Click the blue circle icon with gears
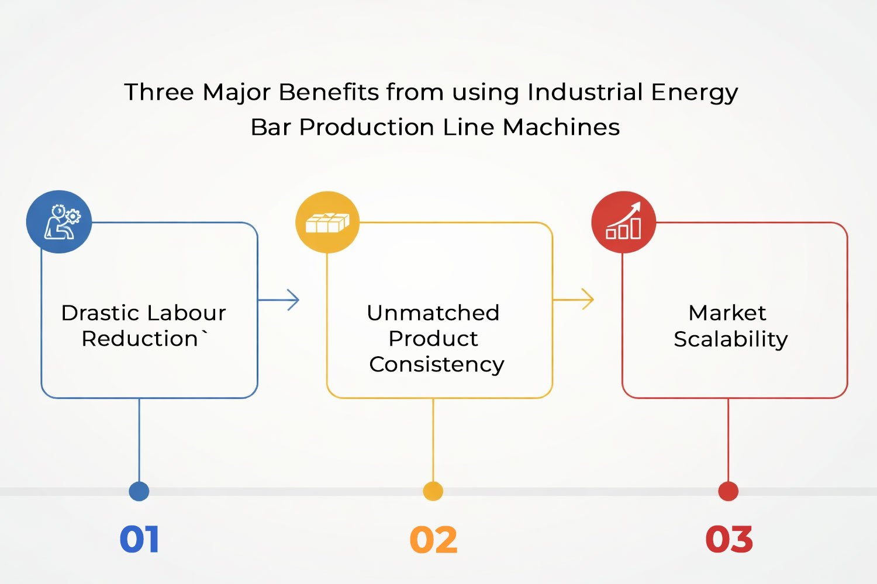tap(59, 222)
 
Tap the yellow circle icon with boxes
tap(327, 222)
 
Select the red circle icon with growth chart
tap(623, 222)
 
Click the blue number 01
tap(139, 539)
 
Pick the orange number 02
tap(433, 540)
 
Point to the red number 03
tap(728, 540)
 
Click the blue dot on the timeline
tap(139, 491)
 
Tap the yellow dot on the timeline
tap(433, 491)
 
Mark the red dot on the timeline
tap(728, 491)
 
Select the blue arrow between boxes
tap(279, 300)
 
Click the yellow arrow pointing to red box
tap(574, 300)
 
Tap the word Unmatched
tap(433, 313)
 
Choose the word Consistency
tap(437, 364)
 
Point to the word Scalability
tap(731, 339)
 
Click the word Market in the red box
tap(727, 313)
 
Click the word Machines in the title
tap(561, 127)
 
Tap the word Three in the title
tap(159, 92)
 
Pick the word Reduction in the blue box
tap(140, 339)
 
